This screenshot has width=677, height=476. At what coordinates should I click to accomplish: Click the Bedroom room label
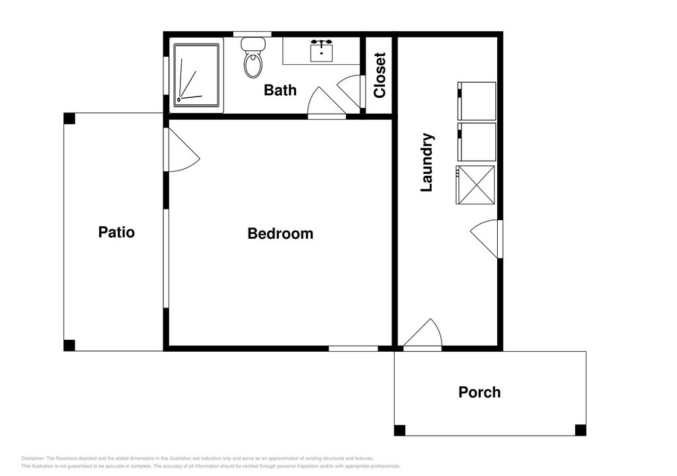[x=280, y=233]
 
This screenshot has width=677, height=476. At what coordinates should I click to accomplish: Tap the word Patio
[x=116, y=232]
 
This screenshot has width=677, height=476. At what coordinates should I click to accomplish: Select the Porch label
[x=479, y=392]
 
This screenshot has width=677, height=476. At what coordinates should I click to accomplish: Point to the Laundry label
[x=427, y=163]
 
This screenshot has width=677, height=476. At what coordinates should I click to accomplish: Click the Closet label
[x=379, y=75]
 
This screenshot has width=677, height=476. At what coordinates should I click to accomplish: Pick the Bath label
[x=280, y=91]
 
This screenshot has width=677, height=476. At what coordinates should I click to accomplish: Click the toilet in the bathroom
[x=253, y=57]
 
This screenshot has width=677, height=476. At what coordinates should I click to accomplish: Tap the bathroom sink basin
[x=321, y=50]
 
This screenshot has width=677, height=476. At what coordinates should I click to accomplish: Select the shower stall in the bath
[x=197, y=75]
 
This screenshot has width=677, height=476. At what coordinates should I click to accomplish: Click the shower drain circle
[x=179, y=100]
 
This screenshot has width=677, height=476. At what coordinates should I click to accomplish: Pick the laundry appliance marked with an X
[x=475, y=184]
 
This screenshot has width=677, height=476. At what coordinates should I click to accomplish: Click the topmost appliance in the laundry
[x=477, y=101]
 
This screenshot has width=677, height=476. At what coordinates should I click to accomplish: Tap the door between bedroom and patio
[x=181, y=149]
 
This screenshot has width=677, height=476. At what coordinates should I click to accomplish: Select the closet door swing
[x=350, y=91]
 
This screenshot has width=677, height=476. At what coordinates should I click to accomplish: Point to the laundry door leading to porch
[x=422, y=333]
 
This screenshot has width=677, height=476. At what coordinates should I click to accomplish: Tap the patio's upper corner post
[x=69, y=118]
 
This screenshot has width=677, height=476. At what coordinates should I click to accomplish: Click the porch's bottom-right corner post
[x=580, y=430]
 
